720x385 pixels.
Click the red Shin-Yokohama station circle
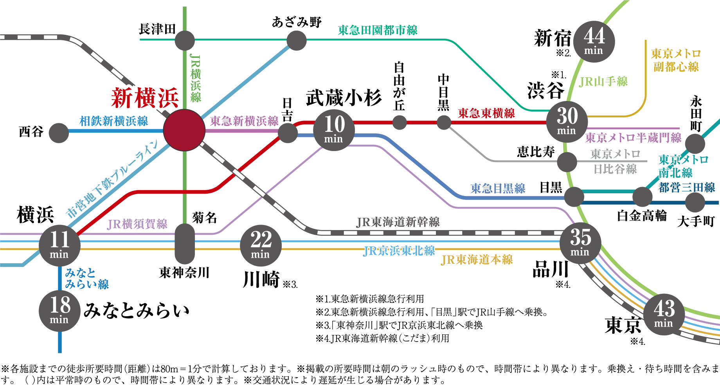(x=184, y=130)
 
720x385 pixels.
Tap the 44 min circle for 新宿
(x=594, y=41)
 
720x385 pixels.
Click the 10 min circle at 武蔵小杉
(x=334, y=130)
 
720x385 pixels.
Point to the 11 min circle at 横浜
(x=59, y=245)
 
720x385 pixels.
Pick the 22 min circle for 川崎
(x=261, y=246)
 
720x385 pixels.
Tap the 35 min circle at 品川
(x=580, y=243)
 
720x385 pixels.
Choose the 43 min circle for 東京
(x=664, y=314)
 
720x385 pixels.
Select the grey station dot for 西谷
(x=59, y=133)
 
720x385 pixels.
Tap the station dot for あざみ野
(x=296, y=40)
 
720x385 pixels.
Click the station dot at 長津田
(x=185, y=40)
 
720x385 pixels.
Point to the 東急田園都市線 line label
(x=378, y=30)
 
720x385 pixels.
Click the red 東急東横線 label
(x=486, y=113)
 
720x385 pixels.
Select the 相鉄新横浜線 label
(x=114, y=121)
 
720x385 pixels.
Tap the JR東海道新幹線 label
(x=398, y=222)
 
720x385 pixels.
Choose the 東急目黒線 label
(x=498, y=189)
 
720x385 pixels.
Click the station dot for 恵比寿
(x=567, y=162)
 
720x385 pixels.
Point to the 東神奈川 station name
(x=184, y=272)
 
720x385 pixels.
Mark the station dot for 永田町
(x=695, y=144)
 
